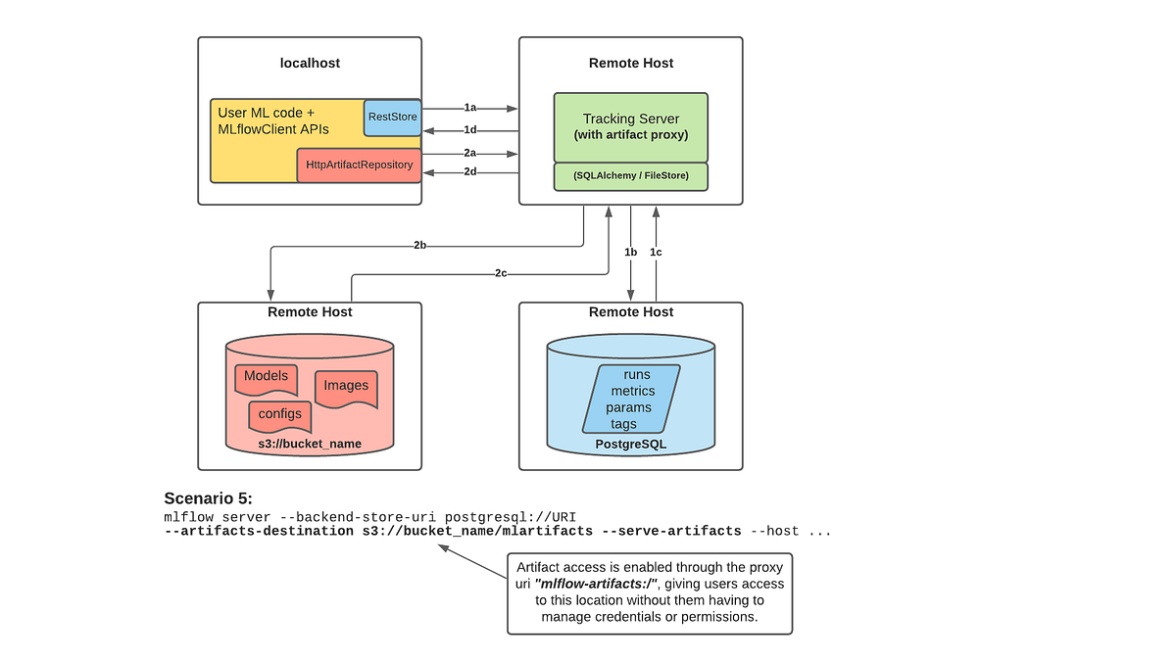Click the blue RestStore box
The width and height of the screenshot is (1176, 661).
tap(392, 117)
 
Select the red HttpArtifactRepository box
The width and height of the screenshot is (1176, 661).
tap(359, 165)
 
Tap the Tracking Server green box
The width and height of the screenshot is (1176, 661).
tap(630, 126)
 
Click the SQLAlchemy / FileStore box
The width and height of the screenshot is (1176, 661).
tap(630, 176)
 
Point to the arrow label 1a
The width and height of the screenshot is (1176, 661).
tap(470, 108)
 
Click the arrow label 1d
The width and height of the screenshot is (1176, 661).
tap(470, 130)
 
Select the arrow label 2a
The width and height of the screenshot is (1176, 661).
tap(470, 154)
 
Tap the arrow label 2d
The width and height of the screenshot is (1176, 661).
tap(470, 172)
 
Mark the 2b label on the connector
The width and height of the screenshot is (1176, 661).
tap(419, 246)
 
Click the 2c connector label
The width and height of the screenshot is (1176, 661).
tap(500, 273)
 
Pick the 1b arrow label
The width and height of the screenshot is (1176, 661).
tap(631, 253)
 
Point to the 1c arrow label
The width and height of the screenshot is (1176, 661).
tap(656, 253)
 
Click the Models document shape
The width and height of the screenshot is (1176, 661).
tap(266, 377)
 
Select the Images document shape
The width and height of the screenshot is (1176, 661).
tap(346, 386)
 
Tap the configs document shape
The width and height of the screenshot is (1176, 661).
tap(280, 414)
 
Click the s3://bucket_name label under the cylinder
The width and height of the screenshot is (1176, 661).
tap(310, 444)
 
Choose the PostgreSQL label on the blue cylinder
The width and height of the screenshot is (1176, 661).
tap(630, 444)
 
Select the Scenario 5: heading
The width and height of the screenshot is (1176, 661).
tap(208, 497)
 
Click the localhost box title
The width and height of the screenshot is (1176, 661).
tap(310, 63)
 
